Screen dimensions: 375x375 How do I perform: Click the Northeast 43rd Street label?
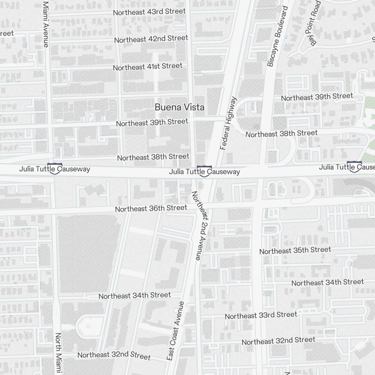point(149,12)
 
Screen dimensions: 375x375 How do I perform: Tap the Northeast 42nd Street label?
point(151,39)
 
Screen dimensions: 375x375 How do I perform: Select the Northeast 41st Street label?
point(148,67)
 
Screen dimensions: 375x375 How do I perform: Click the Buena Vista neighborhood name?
point(180,107)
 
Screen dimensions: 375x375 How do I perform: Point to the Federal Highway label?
point(229,123)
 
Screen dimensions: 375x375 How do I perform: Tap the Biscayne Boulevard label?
point(277,36)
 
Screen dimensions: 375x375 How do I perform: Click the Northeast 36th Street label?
point(151,208)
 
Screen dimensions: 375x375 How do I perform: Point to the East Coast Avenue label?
point(175,331)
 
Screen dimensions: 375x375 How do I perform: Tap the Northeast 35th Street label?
point(295,250)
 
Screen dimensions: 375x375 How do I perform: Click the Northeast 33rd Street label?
point(261,315)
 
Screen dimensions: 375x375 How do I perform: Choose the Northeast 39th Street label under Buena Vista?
point(152,123)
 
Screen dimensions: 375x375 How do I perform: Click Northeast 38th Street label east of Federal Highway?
point(281,133)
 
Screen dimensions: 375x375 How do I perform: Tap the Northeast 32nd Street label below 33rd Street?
point(278,341)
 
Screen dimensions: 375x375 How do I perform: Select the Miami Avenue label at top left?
point(46,24)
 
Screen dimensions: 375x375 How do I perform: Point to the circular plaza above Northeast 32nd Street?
point(88,326)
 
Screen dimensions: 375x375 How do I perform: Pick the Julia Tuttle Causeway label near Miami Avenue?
point(55,169)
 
